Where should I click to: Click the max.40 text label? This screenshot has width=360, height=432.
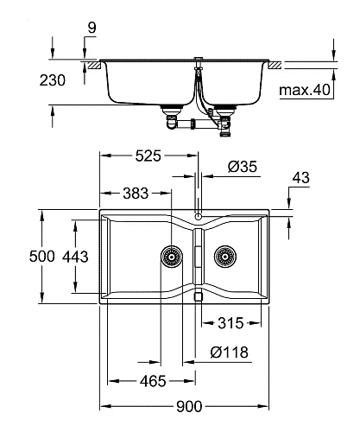[x=305, y=90]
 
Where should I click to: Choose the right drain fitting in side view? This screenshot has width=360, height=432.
[x=226, y=118]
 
